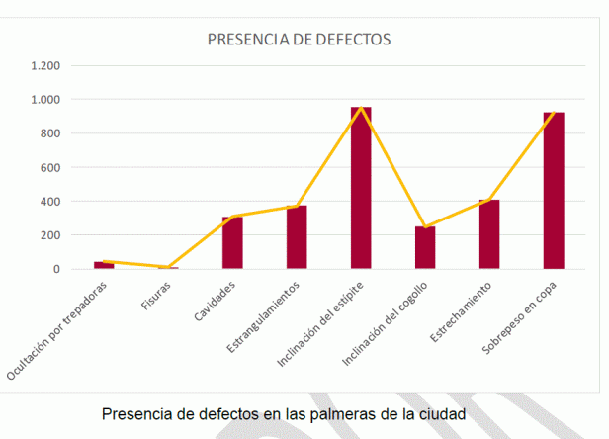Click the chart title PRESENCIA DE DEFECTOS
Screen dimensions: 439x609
coord(299,40)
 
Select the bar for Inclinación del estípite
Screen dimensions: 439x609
coord(361,188)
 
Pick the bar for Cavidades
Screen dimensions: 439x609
coord(232,242)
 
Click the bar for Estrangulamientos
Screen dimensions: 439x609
coord(297,237)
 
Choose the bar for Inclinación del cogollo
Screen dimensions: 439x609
coord(425,248)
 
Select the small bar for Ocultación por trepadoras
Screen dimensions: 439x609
coord(104,265)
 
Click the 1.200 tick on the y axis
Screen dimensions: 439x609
coord(45,66)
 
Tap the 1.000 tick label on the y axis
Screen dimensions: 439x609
coord(45,100)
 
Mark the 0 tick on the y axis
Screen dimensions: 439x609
coord(57,269)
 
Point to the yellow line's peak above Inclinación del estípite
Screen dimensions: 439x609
coord(361,107)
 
